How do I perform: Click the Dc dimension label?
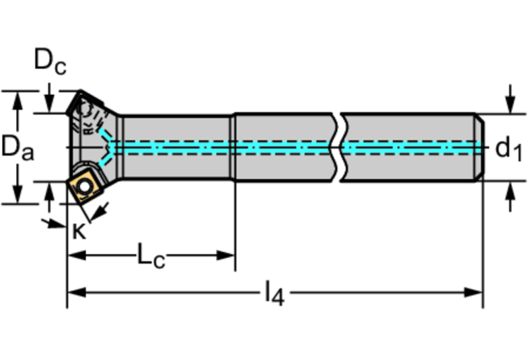click(51, 62)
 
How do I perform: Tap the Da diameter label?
click(17, 147)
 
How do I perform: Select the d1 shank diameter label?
click(509, 147)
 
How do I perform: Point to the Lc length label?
click(151, 255)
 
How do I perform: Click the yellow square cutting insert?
click(84, 184)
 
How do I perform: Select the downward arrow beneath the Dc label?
click(50, 103)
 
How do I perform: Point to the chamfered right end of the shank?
click(480, 147)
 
